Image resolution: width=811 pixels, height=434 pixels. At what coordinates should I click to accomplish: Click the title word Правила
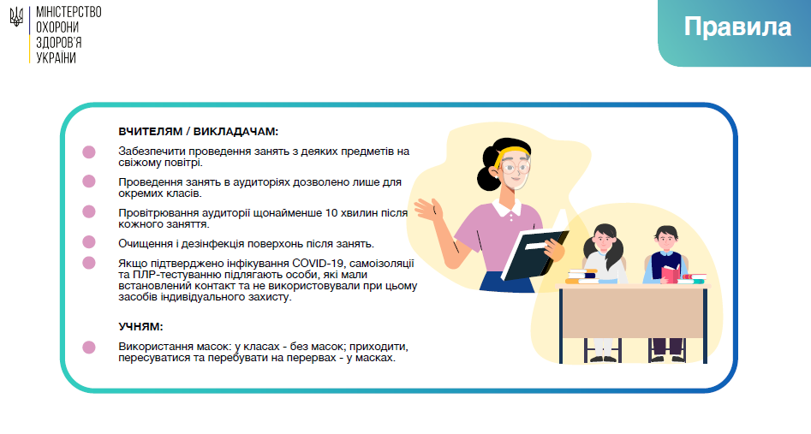coord(737,27)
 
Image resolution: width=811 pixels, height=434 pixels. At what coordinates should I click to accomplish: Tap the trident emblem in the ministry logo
coord(16,17)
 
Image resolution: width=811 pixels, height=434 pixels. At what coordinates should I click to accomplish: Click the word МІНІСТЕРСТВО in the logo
coord(69,12)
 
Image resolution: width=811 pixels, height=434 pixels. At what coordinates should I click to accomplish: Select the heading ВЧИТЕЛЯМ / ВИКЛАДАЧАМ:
coord(198,131)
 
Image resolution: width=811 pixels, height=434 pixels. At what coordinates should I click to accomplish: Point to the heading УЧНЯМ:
coord(140,326)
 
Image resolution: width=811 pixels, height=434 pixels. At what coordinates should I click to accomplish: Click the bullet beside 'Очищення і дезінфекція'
coord(89,242)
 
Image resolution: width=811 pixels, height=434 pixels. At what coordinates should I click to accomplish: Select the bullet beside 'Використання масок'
coord(89,347)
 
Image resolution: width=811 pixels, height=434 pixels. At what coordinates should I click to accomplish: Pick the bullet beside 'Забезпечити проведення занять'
coord(89,152)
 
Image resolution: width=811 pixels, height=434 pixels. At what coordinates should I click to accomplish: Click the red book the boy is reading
coord(671,274)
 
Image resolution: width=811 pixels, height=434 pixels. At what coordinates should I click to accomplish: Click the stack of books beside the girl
coord(582,276)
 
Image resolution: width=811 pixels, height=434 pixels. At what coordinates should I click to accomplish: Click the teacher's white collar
coord(507,207)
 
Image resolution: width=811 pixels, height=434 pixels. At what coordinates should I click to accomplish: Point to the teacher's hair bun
coord(486,178)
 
